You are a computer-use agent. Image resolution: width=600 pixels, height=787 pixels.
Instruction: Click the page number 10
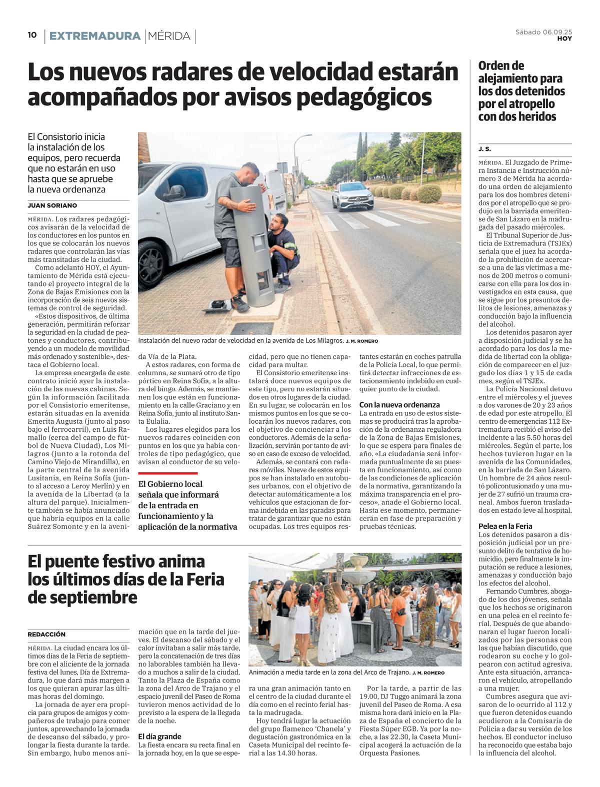[x=32, y=35]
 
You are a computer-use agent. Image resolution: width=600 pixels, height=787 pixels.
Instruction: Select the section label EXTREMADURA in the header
[x=94, y=36]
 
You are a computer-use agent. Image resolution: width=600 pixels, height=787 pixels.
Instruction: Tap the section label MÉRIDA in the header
[x=169, y=36]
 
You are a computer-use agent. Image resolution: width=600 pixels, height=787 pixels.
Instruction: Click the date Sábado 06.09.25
[x=543, y=32]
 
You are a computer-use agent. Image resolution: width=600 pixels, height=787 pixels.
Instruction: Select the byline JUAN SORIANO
[x=52, y=205]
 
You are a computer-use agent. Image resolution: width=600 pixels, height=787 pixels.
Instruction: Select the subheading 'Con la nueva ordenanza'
[x=399, y=405]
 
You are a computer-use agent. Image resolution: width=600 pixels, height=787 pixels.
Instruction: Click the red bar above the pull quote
[x=167, y=473]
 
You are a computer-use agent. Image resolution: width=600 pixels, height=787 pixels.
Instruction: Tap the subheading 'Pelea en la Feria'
[x=505, y=526]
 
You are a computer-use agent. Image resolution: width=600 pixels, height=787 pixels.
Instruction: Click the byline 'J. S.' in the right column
[x=484, y=149]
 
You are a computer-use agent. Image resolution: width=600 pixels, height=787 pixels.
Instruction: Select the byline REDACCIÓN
[x=46, y=634]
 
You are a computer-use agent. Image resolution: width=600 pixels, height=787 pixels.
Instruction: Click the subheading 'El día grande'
[x=159, y=736]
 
